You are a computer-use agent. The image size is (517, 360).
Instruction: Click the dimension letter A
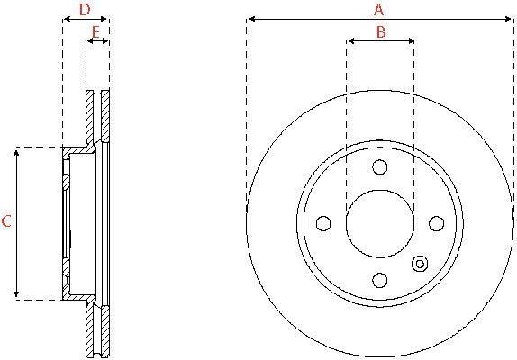(379, 10)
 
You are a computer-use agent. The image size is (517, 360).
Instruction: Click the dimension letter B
(381, 32)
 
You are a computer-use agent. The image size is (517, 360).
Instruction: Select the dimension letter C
(6, 221)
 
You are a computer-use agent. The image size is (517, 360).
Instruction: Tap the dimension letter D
(85, 10)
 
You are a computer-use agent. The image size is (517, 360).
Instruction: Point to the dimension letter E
(95, 32)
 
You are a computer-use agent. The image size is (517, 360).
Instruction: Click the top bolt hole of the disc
(379, 167)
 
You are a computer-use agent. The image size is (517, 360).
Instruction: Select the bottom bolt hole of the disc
(379, 280)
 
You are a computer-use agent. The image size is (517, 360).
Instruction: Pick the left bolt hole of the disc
(323, 223)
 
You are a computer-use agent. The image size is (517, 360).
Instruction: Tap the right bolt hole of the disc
(436, 223)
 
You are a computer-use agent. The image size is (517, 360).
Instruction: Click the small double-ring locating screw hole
(420, 264)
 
